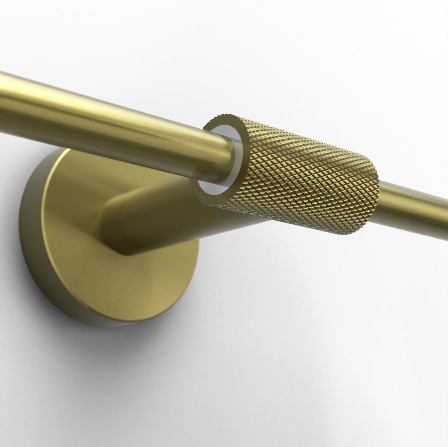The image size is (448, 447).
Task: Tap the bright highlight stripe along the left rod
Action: [93, 102]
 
